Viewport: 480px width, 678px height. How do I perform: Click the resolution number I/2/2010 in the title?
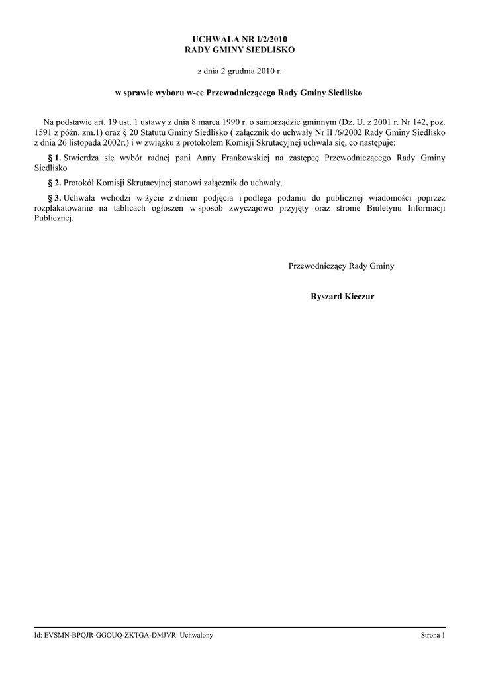(x=268, y=40)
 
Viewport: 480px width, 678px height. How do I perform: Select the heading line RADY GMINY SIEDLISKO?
(x=240, y=50)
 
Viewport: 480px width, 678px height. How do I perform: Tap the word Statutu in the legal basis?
(x=152, y=132)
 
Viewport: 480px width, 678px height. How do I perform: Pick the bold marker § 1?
(x=55, y=158)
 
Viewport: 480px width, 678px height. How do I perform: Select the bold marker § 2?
(x=55, y=182)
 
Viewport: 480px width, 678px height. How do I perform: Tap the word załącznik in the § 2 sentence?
(x=225, y=182)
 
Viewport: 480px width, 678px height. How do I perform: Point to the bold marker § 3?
(x=55, y=197)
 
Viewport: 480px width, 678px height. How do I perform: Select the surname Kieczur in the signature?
(x=358, y=296)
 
